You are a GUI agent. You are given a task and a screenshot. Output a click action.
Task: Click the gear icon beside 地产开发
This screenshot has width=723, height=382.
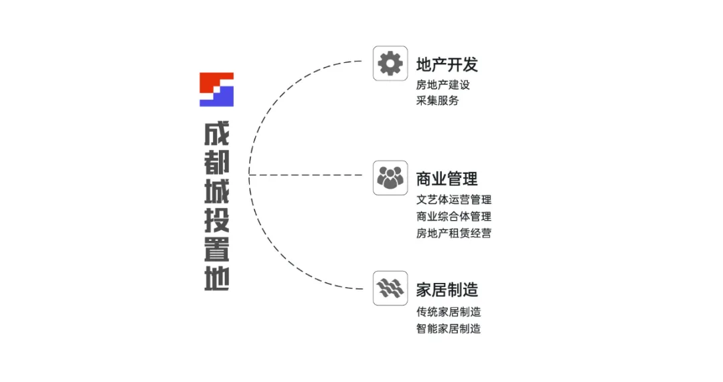point(390,64)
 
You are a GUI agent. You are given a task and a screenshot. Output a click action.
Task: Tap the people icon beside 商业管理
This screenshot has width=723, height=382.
point(390,177)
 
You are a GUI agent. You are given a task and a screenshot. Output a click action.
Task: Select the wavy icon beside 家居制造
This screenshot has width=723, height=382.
point(390,288)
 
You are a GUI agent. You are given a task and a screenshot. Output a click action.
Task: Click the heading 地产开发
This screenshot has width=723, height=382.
point(447,65)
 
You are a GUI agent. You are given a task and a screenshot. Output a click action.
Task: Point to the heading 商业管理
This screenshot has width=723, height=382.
point(447,179)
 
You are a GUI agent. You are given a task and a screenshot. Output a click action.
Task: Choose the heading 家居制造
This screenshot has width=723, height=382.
point(447,290)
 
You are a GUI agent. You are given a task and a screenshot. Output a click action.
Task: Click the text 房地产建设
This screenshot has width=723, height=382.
point(443,85)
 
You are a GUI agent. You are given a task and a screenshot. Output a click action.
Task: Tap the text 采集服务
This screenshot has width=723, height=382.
point(438,101)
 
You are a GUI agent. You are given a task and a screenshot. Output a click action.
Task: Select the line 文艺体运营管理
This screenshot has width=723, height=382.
point(454,199)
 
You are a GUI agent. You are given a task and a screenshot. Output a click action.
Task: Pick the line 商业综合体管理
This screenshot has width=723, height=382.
point(454,216)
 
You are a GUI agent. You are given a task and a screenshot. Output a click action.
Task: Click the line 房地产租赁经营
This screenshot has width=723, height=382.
point(454,233)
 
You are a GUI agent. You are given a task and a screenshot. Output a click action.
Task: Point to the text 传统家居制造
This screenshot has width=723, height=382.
point(449,312)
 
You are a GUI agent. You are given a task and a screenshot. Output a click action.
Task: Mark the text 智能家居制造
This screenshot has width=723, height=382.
point(449,328)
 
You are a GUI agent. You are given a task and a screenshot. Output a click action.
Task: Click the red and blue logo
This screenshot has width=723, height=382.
point(216,89)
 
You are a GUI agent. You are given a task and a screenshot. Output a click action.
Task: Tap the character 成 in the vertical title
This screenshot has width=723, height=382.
point(216,133)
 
